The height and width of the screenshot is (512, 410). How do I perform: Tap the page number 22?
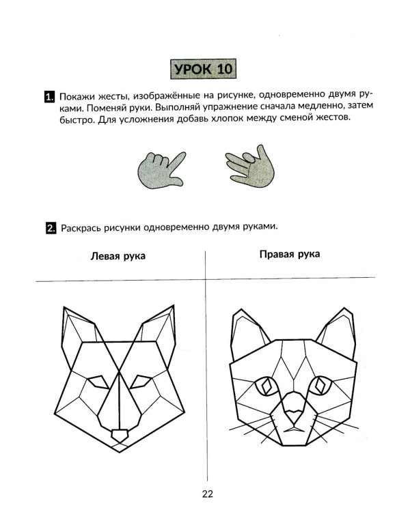(208, 494)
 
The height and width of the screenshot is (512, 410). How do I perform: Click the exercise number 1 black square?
(49, 98)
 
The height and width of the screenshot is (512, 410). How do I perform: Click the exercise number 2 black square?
(50, 228)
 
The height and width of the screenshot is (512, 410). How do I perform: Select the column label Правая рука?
(290, 255)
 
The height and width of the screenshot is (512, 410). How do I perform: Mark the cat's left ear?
(245, 335)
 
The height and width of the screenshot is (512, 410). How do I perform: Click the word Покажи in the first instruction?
(79, 96)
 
